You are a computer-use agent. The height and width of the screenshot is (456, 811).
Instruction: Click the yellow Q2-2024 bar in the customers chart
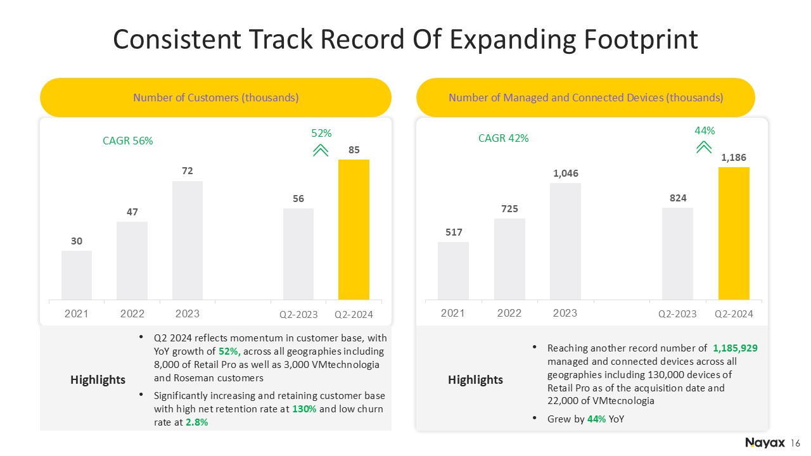pos(354,229)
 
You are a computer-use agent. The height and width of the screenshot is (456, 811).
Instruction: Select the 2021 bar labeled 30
pos(77,275)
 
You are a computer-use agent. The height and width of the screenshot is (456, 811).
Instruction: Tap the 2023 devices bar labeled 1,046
pos(565,241)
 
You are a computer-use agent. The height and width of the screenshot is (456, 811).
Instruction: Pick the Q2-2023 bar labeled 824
pos(677,254)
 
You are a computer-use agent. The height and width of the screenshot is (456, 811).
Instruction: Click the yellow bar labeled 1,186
pos(734,234)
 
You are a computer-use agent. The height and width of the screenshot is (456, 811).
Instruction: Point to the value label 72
pos(187,171)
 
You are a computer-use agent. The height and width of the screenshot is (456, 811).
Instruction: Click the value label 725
pos(509,209)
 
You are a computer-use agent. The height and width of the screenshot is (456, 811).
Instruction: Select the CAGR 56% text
pos(128,141)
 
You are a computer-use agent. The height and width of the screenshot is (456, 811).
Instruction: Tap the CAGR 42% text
pos(503,138)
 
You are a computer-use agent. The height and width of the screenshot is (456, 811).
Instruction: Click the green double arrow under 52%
pos(321,151)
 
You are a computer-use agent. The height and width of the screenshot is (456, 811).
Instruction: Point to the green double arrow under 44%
pos(704,148)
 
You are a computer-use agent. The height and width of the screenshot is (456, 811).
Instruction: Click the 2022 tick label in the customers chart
pos(132,313)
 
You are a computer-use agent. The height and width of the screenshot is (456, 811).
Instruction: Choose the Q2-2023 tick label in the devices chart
pos(677,313)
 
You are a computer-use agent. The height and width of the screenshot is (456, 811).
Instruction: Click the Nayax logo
pos(765,443)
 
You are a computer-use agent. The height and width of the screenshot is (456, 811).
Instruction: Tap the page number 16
pos(795,443)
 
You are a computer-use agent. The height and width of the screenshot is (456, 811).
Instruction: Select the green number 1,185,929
pos(735,348)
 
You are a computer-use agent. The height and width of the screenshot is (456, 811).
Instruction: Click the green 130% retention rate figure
pos(304,409)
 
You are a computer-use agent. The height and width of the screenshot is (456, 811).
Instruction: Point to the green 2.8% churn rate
pos(196,422)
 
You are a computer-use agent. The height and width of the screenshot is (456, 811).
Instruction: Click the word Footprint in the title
pos(641,39)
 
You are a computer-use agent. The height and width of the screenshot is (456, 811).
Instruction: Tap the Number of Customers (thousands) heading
pos(216,98)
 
